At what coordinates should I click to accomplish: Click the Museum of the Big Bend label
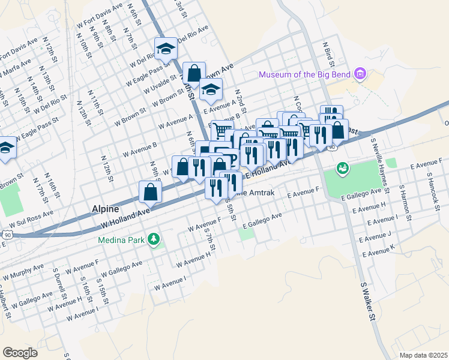(x=306, y=74)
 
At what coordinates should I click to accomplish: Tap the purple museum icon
(x=360, y=74)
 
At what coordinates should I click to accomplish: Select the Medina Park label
(x=122, y=240)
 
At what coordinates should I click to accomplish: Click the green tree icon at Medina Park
(x=155, y=239)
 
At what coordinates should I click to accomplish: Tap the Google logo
(x=20, y=352)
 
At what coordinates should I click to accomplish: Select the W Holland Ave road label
(x=125, y=218)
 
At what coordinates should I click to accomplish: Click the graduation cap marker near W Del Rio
(x=166, y=49)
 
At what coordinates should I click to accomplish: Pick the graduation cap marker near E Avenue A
(x=211, y=90)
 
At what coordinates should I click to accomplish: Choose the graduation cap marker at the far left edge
(x=6, y=148)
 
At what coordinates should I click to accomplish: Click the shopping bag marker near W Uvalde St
(x=194, y=74)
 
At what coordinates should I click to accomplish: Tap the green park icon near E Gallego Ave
(x=343, y=169)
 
